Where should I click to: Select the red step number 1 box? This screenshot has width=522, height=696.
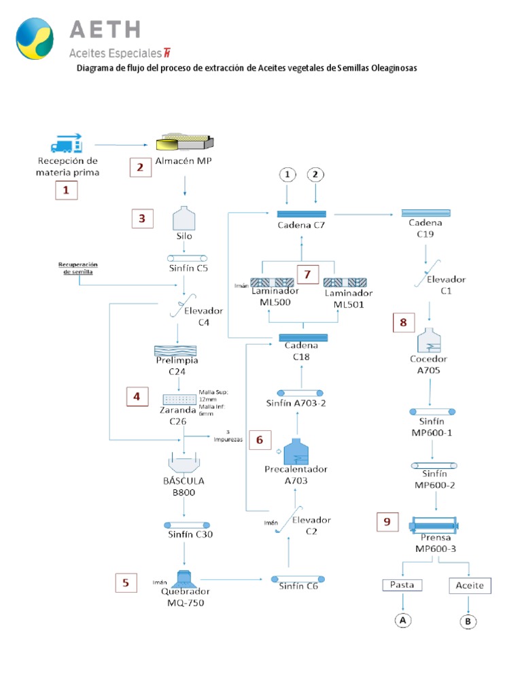(66, 191)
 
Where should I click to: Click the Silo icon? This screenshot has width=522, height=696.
(185, 219)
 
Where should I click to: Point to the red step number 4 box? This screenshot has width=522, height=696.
(137, 396)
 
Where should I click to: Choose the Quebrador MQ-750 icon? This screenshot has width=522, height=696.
(184, 580)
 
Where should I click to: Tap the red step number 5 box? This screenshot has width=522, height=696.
(125, 582)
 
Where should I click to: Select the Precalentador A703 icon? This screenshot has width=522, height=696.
(296, 453)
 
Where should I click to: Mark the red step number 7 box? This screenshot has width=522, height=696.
(307, 275)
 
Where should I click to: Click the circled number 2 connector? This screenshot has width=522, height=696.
(316, 175)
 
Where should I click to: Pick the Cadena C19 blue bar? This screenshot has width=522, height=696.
(425, 213)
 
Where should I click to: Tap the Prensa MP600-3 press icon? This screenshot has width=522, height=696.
(434, 525)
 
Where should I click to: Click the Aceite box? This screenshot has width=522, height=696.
(469, 585)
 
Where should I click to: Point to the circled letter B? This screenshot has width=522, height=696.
(469, 621)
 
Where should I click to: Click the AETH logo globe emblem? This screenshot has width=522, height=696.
(35, 39)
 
